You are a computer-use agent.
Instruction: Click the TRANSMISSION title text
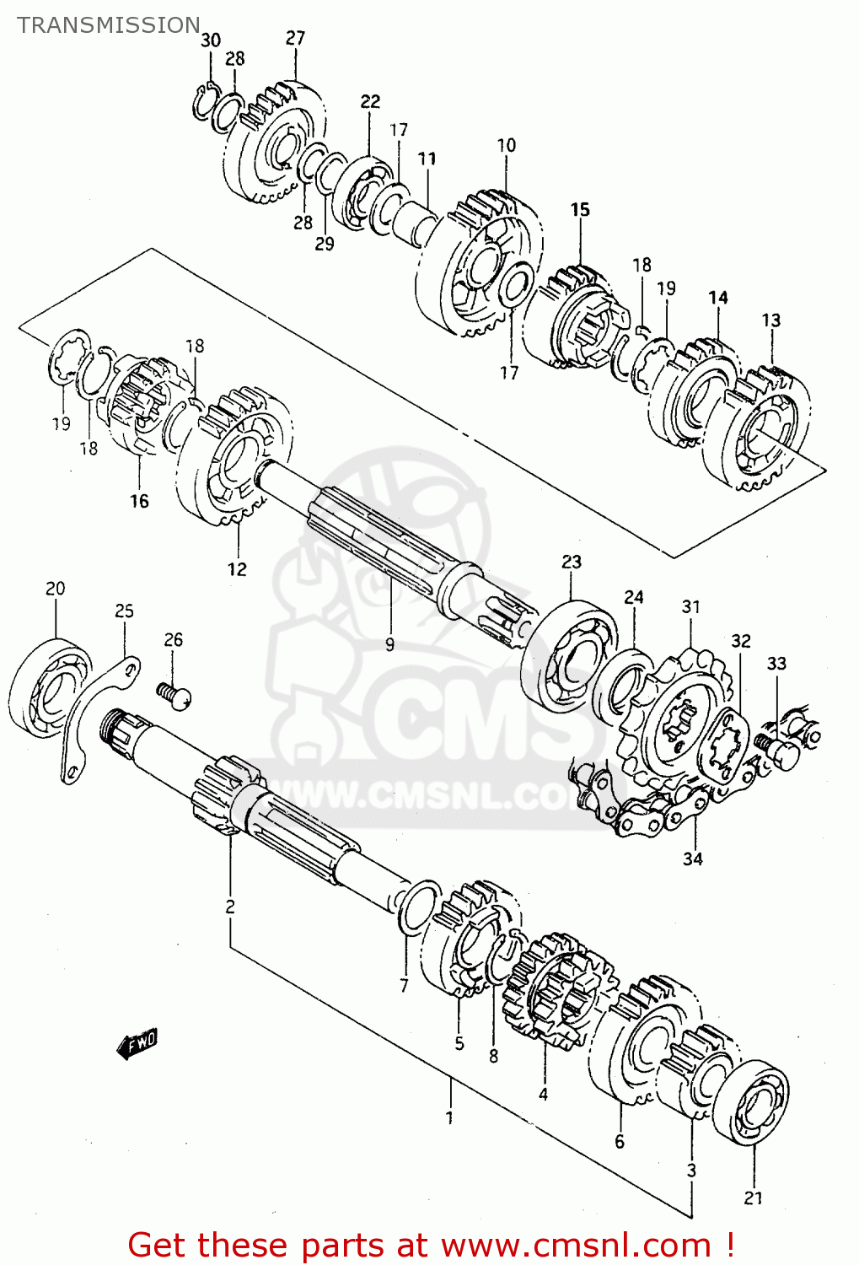[x=109, y=25]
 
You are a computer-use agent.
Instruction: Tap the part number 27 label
[x=295, y=38]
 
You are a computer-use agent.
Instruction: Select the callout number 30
[x=211, y=40]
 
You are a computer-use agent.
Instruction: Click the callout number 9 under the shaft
[x=389, y=645]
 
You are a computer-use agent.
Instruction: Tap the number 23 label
[x=572, y=562]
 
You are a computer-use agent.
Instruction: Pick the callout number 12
[x=237, y=569]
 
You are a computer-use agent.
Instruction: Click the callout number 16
[x=139, y=501]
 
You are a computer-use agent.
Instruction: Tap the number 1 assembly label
[x=449, y=1118]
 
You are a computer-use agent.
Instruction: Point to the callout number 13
[x=770, y=320]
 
